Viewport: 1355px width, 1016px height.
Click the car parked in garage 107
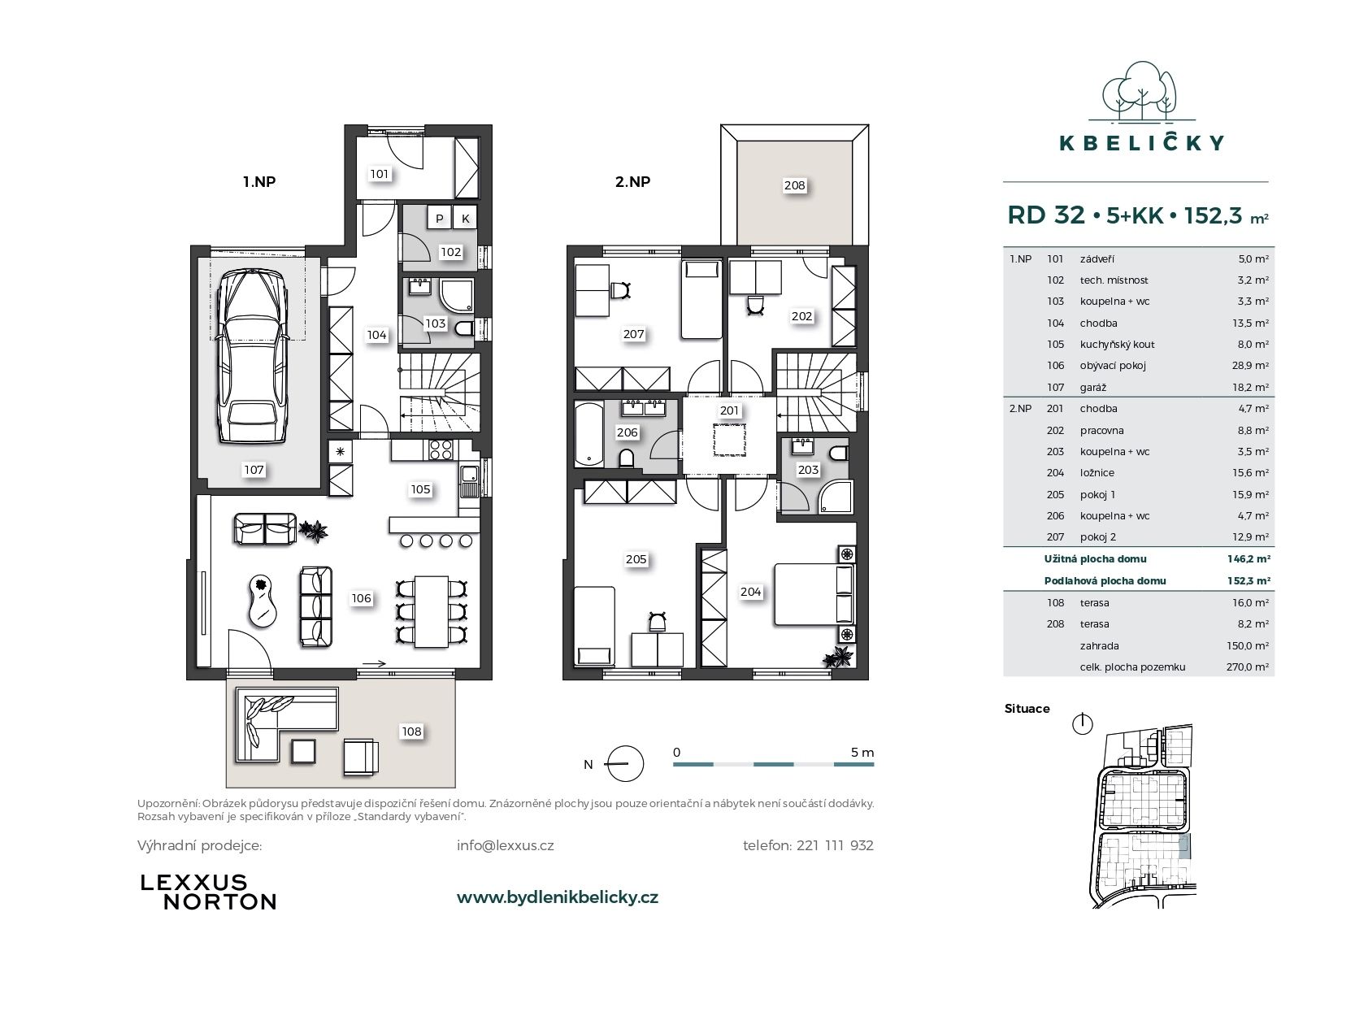(253, 356)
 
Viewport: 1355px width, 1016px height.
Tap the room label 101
(379, 174)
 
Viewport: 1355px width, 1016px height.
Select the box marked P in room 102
(440, 218)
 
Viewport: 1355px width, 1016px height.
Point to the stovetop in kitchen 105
(441, 449)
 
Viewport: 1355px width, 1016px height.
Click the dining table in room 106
(431, 611)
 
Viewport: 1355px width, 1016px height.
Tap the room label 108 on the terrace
(412, 732)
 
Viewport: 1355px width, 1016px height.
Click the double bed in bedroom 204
(814, 594)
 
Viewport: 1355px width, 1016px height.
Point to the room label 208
(794, 185)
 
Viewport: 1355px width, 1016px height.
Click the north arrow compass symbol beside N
(625, 763)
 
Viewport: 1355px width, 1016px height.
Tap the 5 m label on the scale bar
(862, 753)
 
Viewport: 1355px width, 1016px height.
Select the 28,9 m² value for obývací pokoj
(1250, 366)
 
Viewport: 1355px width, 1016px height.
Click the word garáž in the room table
(1093, 388)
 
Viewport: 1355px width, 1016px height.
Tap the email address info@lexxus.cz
(505, 845)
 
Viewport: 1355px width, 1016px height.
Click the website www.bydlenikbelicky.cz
(558, 897)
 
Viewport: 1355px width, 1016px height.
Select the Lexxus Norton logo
(209, 892)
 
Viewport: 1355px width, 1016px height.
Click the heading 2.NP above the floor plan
(632, 181)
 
